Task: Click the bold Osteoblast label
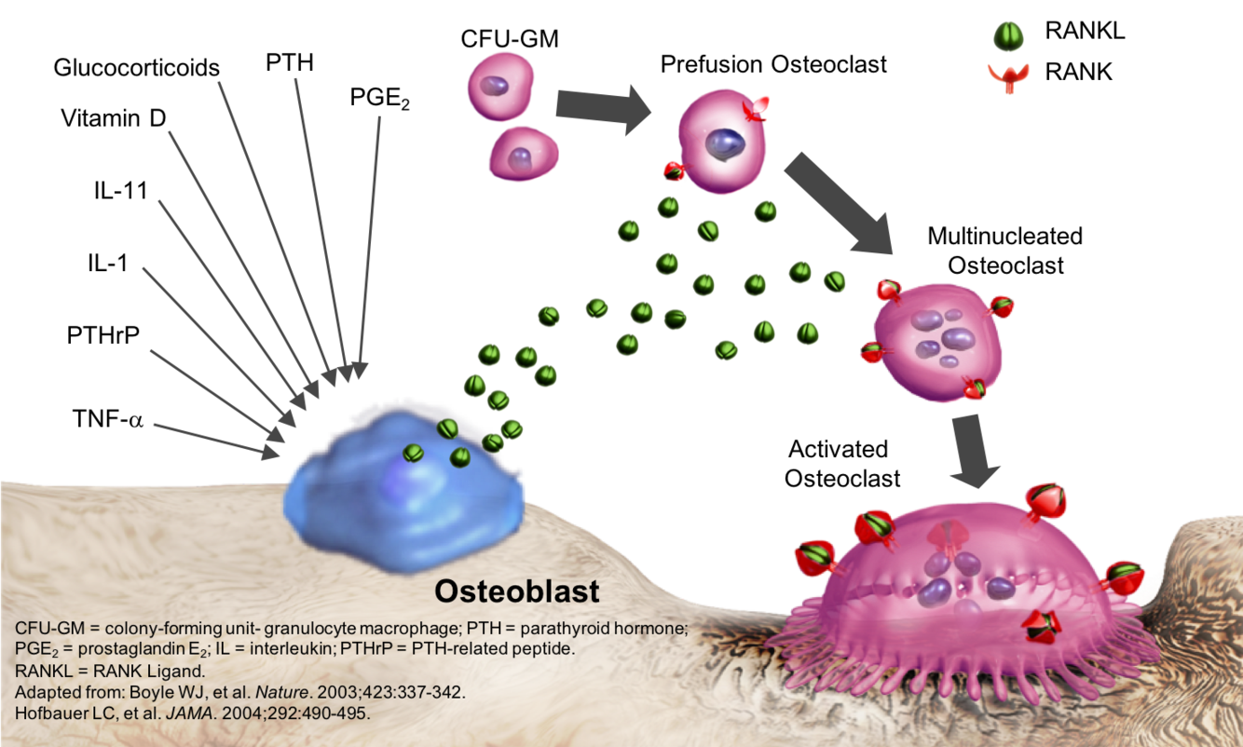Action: click(517, 591)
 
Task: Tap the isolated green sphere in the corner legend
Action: click(1009, 36)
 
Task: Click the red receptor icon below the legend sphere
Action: click(1009, 77)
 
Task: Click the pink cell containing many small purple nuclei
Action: click(936, 340)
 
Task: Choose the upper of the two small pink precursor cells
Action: click(500, 87)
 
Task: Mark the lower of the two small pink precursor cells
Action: click(524, 154)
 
